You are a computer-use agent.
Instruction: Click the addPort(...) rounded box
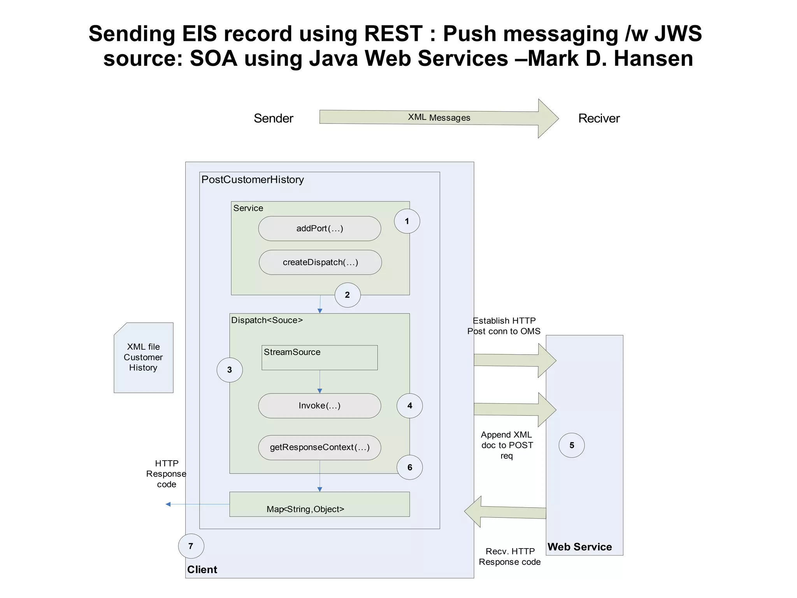point(320,229)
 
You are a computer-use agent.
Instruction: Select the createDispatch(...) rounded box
point(320,262)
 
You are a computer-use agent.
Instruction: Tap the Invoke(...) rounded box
point(320,406)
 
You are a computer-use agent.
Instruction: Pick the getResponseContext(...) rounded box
point(320,447)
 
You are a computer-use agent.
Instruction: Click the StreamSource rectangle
point(320,357)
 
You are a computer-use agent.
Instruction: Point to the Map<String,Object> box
point(320,505)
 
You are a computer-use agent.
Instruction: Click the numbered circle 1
point(407,221)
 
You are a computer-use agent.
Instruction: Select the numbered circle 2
point(347,295)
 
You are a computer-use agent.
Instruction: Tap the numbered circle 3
point(230,370)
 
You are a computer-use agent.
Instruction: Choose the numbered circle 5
point(571,445)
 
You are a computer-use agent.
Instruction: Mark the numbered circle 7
point(191,546)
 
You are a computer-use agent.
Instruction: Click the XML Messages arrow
point(439,118)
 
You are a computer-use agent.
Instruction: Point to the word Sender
point(273,118)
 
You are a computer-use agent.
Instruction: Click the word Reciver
point(599,118)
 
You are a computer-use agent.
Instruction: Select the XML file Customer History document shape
point(143,357)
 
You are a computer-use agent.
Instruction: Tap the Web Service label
point(579,547)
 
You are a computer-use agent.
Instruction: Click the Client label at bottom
point(202,569)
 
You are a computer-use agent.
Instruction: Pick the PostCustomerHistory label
point(253,179)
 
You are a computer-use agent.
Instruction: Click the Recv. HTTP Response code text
point(509,556)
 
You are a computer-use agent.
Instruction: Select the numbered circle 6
point(409,467)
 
